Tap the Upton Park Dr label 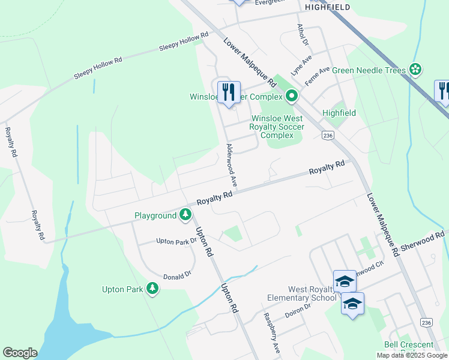176,241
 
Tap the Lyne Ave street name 302,62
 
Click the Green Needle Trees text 369,70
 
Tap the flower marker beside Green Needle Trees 415,70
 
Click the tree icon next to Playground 186,214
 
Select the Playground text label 155,215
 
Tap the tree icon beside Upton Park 152,289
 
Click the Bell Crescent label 409,344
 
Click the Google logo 20,353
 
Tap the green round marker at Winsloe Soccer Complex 292,96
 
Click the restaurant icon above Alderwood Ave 228,92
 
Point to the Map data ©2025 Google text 412,355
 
